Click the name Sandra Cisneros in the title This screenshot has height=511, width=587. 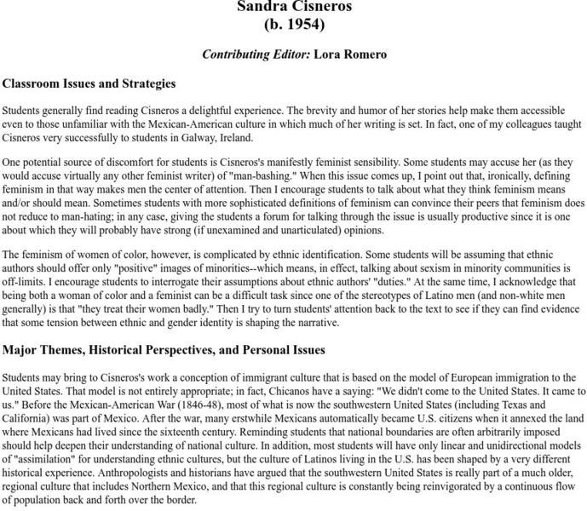click(x=293, y=8)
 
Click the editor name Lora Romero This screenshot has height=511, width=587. click(x=350, y=55)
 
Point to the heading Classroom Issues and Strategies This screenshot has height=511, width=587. click(x=89, y=83)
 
